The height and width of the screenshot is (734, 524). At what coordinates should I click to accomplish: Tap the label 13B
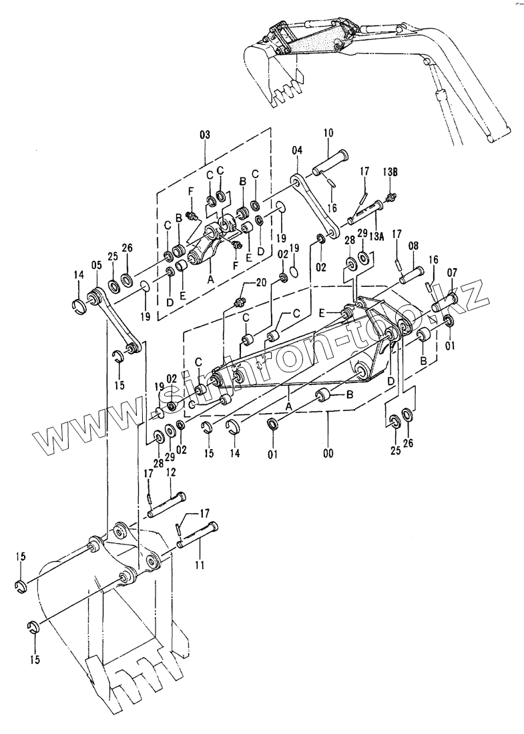(391, 171)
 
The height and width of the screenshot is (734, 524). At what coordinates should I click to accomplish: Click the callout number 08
(413, 246)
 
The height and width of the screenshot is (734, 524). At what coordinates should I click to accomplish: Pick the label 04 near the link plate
(297, 151)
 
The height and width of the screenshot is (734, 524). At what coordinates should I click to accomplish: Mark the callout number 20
(260, 282)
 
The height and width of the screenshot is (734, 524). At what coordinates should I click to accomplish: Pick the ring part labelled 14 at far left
(79, 306)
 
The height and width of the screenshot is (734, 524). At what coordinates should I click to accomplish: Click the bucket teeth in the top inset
(287, 91)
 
